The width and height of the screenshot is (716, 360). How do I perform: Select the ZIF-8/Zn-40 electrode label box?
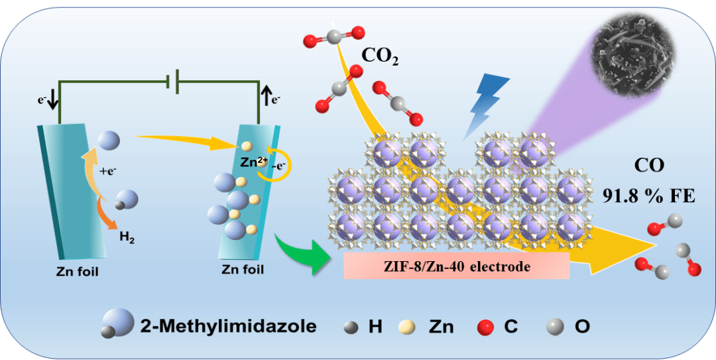coord(457,266)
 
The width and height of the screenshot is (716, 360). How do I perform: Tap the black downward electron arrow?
coord(53,100)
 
